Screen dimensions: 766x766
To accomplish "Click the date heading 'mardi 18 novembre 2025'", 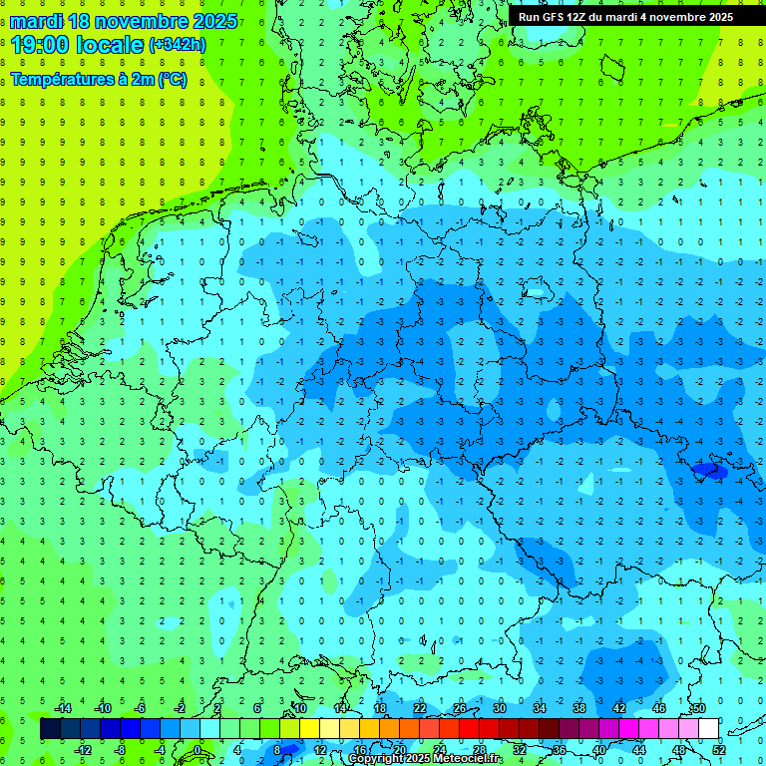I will tap(125, 21).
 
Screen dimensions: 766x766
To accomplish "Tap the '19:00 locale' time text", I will tap(78, 44).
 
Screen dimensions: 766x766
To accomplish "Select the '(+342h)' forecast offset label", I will tap(178, 45).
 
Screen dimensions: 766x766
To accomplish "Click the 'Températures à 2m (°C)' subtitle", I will tap(99, 80).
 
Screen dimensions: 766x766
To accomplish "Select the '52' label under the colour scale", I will tap(719, 750).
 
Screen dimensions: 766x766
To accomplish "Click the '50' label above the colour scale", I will tap(698, 707).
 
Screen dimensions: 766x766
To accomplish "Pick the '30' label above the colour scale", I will tap(499, 707).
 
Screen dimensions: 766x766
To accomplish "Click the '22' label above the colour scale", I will tap(419, 707).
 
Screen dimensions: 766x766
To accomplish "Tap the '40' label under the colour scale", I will tap(599, 750).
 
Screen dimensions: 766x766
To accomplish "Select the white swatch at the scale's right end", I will tap(708, 729).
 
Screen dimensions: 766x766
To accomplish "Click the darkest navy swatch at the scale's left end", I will tap(51, 729).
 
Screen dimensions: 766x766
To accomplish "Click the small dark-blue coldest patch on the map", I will tap(710, 470).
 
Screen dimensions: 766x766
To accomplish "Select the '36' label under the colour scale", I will tap(560, 750).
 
